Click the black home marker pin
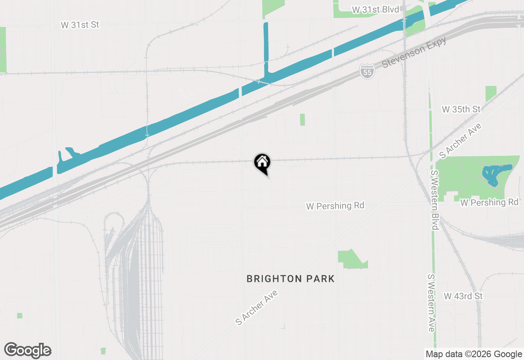point(262,162)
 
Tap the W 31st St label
point(80,25)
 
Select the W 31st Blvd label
point(375,9)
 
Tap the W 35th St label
point(461,109)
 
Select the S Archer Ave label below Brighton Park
point(257,307)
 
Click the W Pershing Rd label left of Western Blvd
point(335,205)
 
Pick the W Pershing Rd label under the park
point(489,202)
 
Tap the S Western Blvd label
point(434,200)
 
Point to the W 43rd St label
point(463,296)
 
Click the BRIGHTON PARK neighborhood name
point(290,279)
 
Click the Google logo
point(27,351)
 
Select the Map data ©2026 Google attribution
point(474,354)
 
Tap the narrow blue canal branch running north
point(266,49)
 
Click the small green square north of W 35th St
point(491,94)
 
